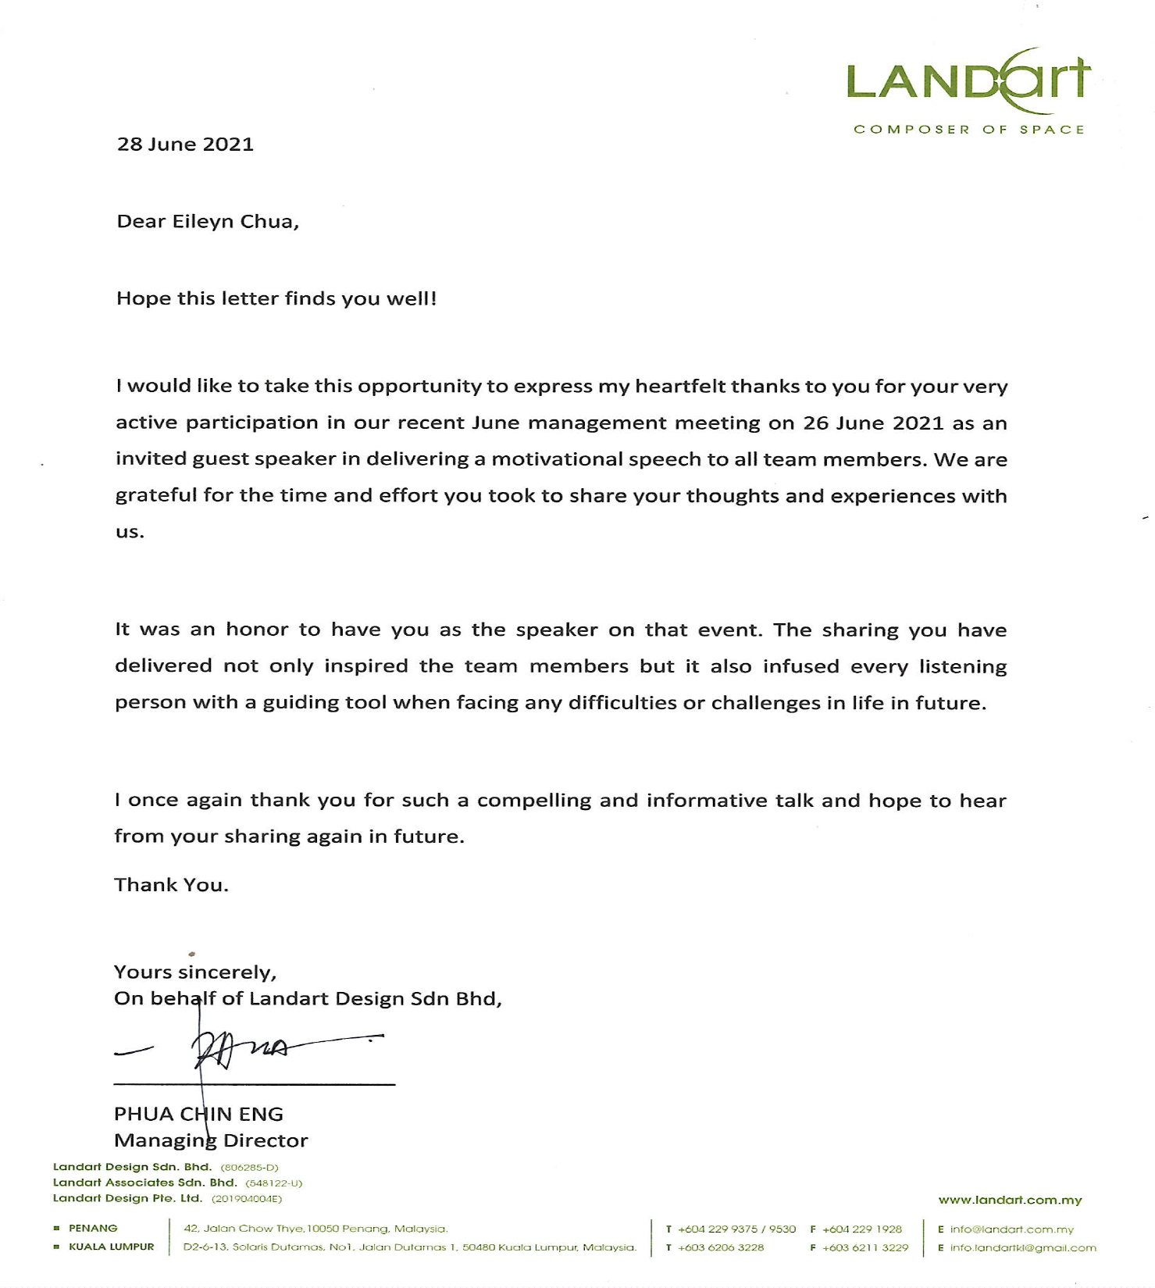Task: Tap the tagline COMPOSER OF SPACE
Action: (x=968, y=130)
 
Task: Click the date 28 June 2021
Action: (x=185, y=144)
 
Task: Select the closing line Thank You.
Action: (x=171, y=885)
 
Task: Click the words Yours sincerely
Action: (x=194, y=972)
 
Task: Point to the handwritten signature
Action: (x=242, y=1051)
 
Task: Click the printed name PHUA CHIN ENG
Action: (x=198, y=1115)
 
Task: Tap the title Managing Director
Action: (x=211, y=1141)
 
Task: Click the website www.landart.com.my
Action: (x=1010, y=1201)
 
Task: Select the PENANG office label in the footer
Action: (x=93, y=1229)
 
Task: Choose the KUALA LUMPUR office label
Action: (x=111, y=1247)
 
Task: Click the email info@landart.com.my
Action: (x=1012, y=1229)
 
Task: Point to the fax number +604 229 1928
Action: (x=861, y=1229)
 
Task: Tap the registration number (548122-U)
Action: (x=273, y=1183)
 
